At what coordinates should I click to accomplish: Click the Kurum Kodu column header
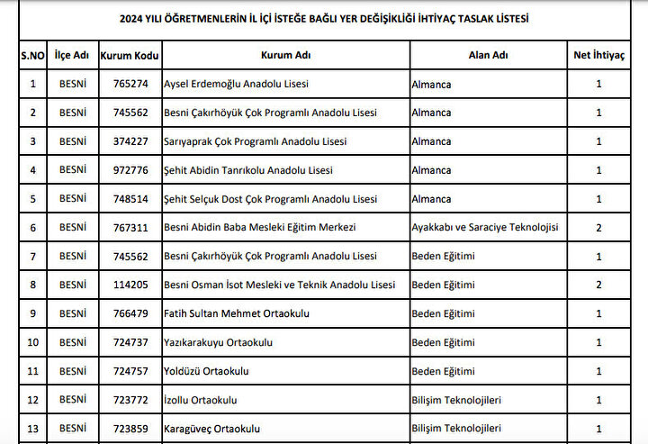tap(130, 55)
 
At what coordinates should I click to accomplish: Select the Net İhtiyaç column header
tap(598, 55)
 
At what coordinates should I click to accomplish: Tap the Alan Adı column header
tap(488, 55)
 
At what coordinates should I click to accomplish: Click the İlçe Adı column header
tap(72, 55)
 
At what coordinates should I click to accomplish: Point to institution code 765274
tap(130, 85)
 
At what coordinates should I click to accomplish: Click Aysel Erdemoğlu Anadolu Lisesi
tap(236, 85)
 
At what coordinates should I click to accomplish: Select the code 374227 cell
tap(130, 141)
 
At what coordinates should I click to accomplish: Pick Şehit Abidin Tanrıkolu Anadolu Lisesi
tap(248, 170)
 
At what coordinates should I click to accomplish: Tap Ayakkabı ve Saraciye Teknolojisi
tap(484, 227)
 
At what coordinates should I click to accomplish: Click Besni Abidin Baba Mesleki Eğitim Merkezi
tap(260, 227)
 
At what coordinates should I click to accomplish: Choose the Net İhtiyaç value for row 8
tap(598, 285)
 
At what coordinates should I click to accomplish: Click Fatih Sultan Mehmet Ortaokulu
tap(236, 313)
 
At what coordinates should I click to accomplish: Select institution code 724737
tap(130, 342)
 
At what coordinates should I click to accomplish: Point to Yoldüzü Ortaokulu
tap(206, 371)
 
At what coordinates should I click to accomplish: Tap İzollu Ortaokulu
tap(201, 399)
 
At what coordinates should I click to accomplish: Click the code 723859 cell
tap(130, 428)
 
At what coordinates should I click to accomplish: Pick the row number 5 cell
tap(33, 199)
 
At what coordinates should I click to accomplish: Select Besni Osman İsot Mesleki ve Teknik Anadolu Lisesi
tap(279, 285)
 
